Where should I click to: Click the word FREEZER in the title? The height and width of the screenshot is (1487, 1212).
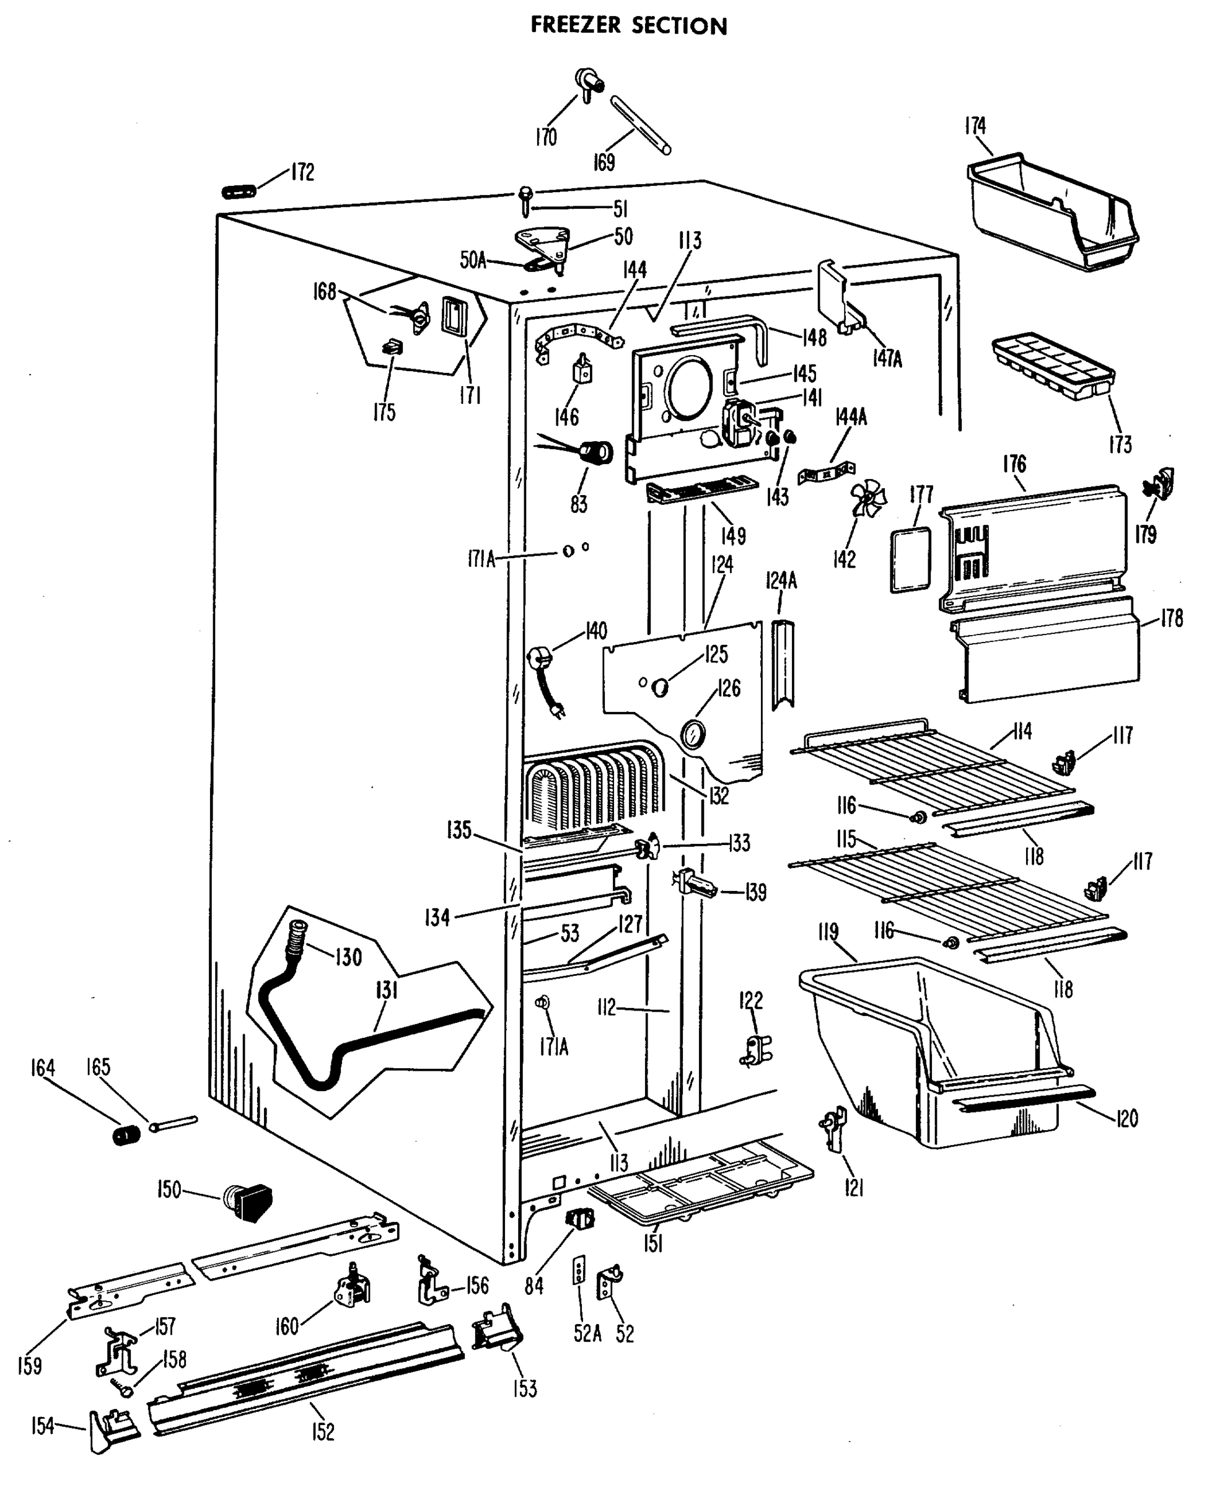click(574, 25)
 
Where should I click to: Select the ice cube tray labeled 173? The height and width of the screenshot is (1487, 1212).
click(1051, 366)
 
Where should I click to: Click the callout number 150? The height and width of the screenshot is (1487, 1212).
click(169, 1189)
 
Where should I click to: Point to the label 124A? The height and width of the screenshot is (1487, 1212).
click(781, 580)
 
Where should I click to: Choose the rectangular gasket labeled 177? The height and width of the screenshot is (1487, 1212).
click(910, 559)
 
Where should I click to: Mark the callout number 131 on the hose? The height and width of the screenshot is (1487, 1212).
click(386, 990)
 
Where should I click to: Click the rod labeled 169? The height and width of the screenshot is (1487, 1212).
click(641, 126)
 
